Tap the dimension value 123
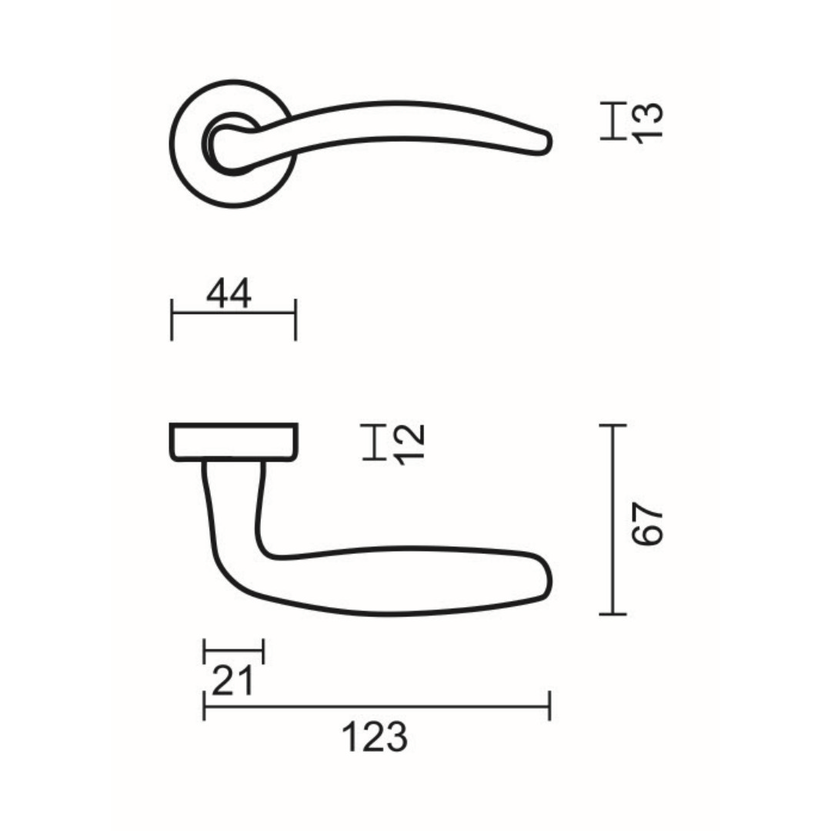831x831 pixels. (x=375, y=737)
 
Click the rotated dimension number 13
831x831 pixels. (x=648, y=123)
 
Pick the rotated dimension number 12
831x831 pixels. (x=410, y=445)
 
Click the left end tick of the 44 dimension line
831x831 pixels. (x=172, y=319)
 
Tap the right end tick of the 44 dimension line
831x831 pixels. (x=295, y=319)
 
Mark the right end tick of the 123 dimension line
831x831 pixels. (x=550, y=706)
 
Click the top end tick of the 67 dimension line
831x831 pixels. (x=613, y=425)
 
